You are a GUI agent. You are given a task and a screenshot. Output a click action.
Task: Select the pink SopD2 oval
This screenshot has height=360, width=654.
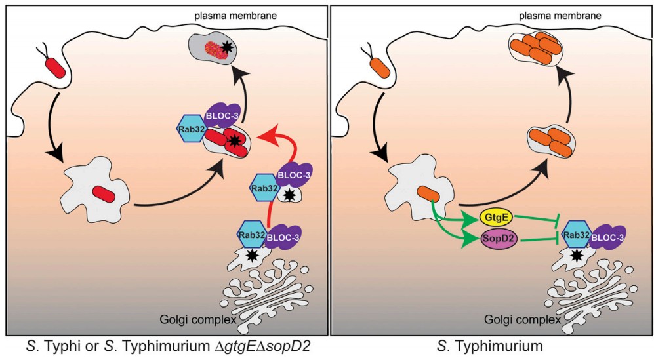(501, 241)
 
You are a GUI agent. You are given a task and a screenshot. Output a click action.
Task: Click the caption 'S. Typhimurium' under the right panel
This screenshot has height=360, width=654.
(492, 345)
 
